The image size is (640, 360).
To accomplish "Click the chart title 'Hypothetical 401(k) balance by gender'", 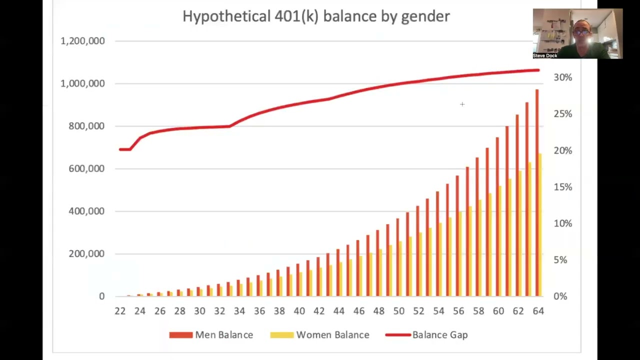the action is coord(316,16).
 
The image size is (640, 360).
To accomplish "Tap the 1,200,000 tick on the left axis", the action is coord(82,41).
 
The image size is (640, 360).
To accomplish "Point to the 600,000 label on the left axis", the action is coord(86,168).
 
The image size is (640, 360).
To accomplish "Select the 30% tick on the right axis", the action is coord(563,77).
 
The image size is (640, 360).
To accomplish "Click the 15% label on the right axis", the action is coord(563,187).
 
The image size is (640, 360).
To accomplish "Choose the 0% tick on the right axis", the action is coord(560,296).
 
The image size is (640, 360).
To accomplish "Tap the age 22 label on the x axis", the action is coord(120,311).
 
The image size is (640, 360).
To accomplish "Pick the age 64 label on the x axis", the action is coord(538,311).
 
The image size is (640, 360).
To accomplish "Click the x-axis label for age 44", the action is coord(339,311).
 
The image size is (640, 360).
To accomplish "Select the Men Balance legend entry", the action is coord(211,335).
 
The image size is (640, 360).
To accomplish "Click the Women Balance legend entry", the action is coord(319,335).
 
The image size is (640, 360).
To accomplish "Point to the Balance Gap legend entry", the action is coord(426,335).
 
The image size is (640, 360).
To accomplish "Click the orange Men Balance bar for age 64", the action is coord(537,193).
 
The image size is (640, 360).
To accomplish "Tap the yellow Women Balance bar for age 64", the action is coord(540,225).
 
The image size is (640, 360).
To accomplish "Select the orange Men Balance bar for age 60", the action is coord(497,217).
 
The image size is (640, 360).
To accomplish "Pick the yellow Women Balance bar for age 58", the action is coord(480,248).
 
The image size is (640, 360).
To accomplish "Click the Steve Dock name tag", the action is coord(545,55).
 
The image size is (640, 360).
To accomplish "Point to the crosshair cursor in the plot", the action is coord(462,104).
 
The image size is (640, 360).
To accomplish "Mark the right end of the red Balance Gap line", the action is coord(538,70).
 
